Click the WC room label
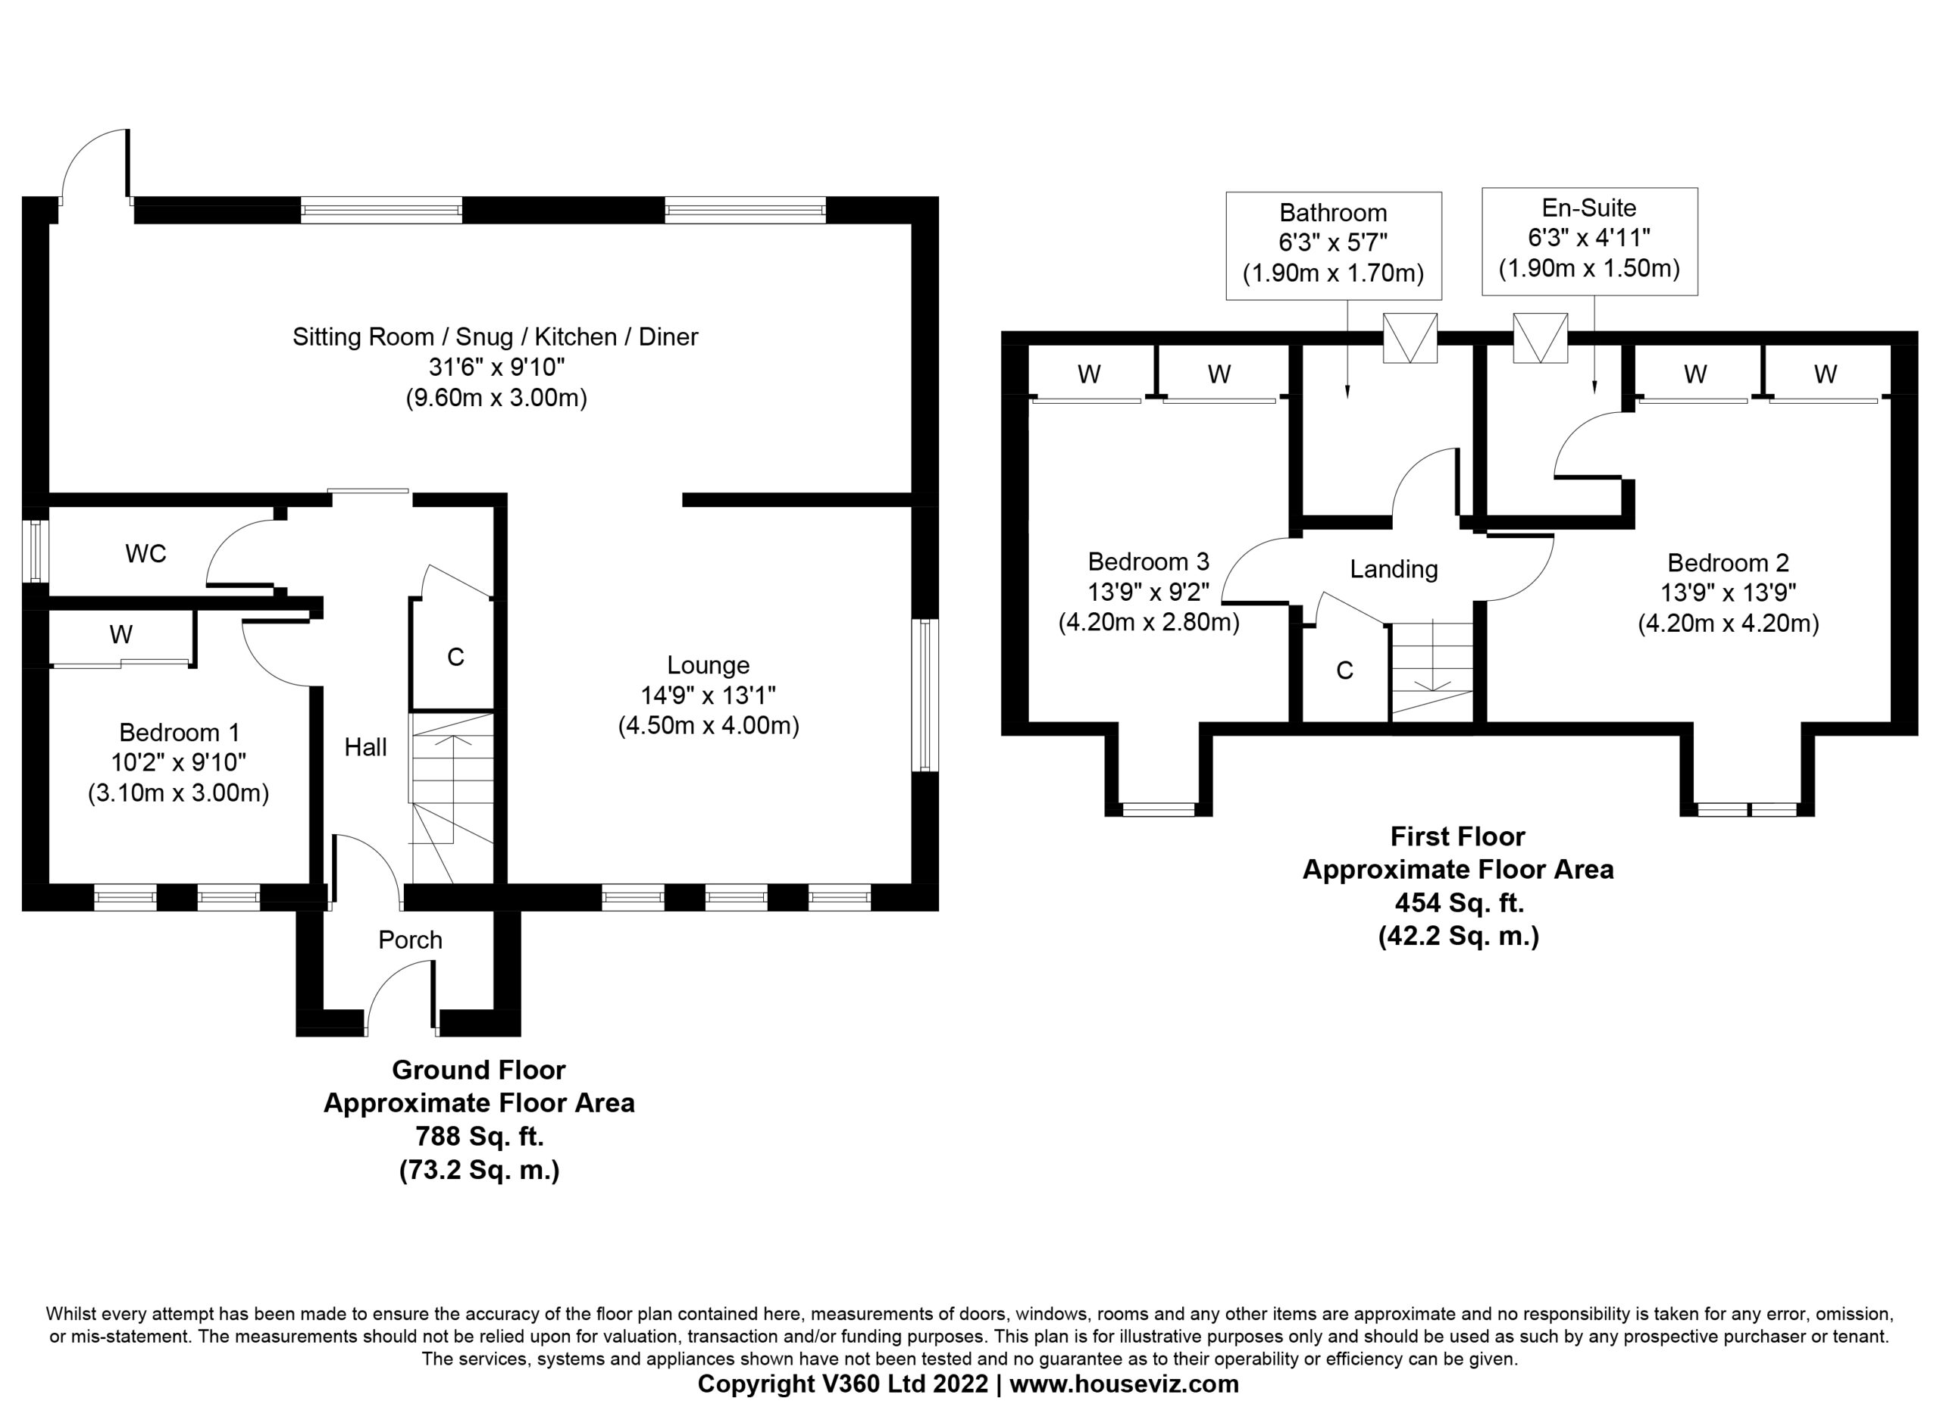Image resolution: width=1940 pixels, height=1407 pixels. pos(145,555)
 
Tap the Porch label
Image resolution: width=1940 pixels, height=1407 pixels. pos(411,940)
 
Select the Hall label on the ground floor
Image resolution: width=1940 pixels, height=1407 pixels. pos(365,748)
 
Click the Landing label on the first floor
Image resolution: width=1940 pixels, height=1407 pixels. pos(1394,570)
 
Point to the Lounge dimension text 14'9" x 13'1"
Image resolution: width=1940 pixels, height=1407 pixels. pos(709,696)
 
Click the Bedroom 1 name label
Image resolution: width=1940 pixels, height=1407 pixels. pos(180,732)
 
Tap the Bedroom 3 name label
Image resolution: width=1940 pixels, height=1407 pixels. pos(1149,561)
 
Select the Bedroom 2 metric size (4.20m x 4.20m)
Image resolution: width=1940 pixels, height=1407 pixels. pos(1729,624)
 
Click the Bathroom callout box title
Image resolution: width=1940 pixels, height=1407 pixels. pos(1334,212)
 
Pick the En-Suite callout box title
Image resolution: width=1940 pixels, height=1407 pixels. pos(1589,208)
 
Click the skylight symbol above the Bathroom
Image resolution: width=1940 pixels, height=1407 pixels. pos(1410,339)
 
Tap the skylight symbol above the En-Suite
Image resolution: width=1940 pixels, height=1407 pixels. pos(1541,339)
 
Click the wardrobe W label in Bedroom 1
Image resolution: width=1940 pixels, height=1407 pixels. pos(120,635)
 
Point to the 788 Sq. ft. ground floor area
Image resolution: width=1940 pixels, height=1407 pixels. pos(479,1137)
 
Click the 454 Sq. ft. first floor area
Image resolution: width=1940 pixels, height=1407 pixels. pos(1460,902)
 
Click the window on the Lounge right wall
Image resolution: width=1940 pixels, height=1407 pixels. pos(925,696)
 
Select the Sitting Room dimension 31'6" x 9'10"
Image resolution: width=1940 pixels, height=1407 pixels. pos(497,367)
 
